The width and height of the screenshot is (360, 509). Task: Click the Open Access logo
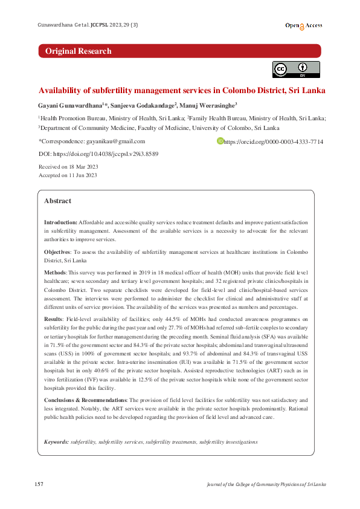pos(304,26)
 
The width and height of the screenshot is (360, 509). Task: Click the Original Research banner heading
pos(79,51)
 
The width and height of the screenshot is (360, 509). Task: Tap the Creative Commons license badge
pos(296,70)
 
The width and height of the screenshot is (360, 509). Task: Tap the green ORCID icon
pos(220,141)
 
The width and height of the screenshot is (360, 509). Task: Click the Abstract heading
pos(57,201)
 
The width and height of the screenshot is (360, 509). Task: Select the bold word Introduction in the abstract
pos(60,223)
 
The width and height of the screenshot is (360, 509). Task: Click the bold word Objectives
pos(59,251)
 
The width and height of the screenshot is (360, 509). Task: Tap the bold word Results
pos(54,318)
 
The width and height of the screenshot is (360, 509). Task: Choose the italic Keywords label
pos(56,442)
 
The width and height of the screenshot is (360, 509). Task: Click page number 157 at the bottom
pos(39,484)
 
